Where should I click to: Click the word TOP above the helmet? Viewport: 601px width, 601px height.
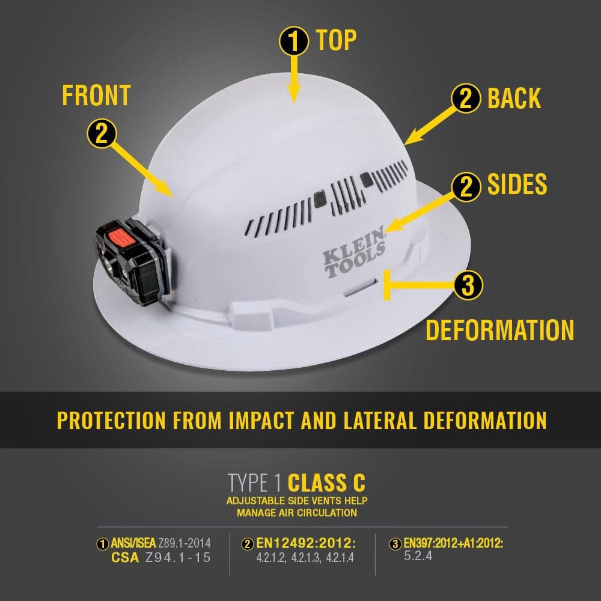[336, 40]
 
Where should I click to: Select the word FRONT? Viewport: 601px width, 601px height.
[96, 96]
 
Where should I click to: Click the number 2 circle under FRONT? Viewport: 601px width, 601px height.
[102, 133]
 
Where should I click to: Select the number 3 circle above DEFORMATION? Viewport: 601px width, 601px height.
[468, 285]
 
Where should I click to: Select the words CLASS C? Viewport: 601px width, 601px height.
[326, 483]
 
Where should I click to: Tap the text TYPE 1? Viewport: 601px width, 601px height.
[255, 483]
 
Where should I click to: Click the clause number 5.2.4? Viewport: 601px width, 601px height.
[418, 556]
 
